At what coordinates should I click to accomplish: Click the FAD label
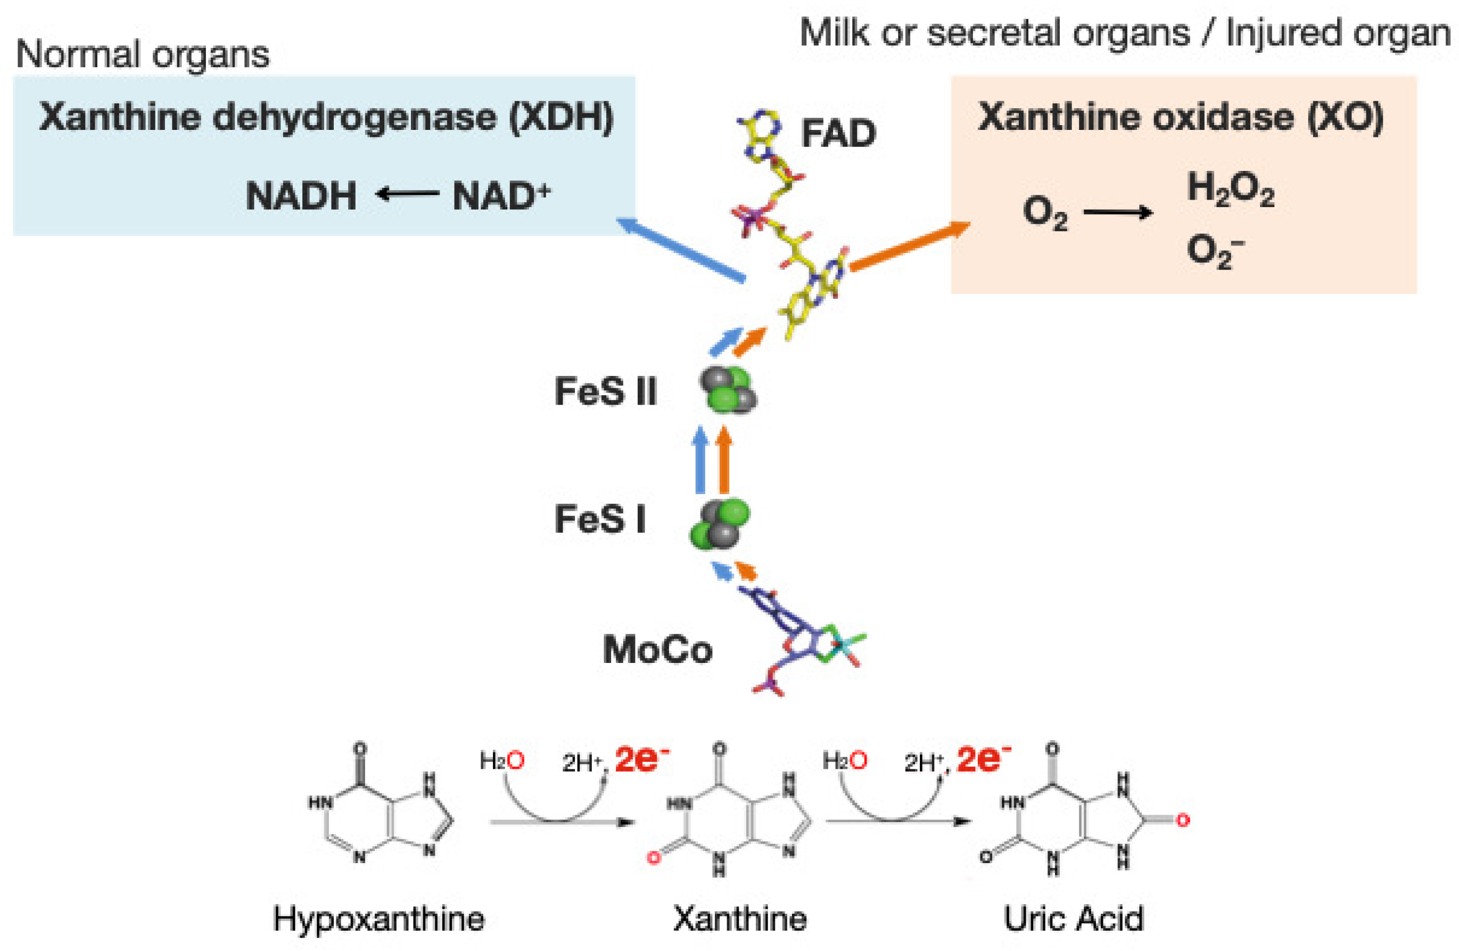click(x=838, y=133)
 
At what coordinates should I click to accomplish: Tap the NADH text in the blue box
click(x=301, y=196)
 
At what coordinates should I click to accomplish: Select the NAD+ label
click(x=501, y=196)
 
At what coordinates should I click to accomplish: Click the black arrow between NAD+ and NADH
click(x=407, y=195)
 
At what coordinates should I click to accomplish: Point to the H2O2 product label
click(x=1230, y=188)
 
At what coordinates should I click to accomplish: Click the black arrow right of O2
click(x=1118, y=213)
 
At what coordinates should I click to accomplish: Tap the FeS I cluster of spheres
click(x=720, y=525)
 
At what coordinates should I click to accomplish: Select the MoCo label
click(x=658, y=650)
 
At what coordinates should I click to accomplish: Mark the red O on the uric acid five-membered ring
click(x=1183, y=821)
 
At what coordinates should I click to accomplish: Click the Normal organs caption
click(x=142, y=54)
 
